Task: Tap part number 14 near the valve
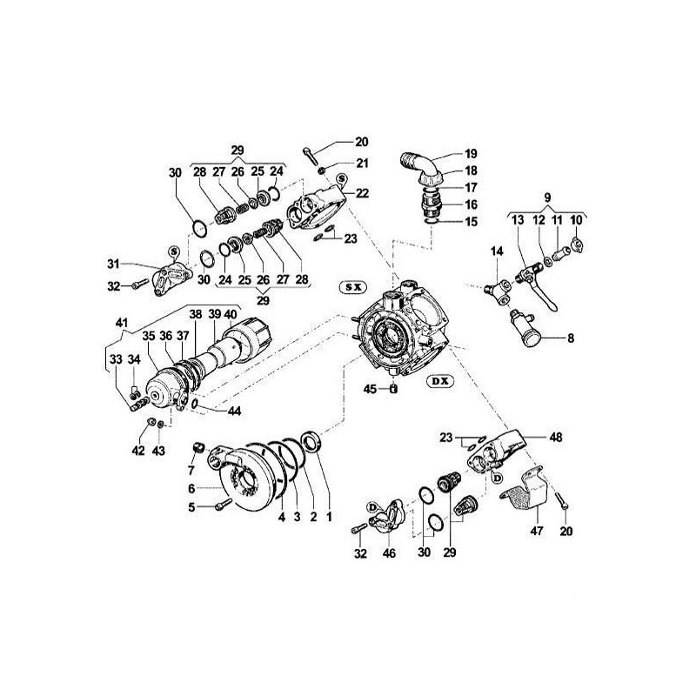(496, 251)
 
